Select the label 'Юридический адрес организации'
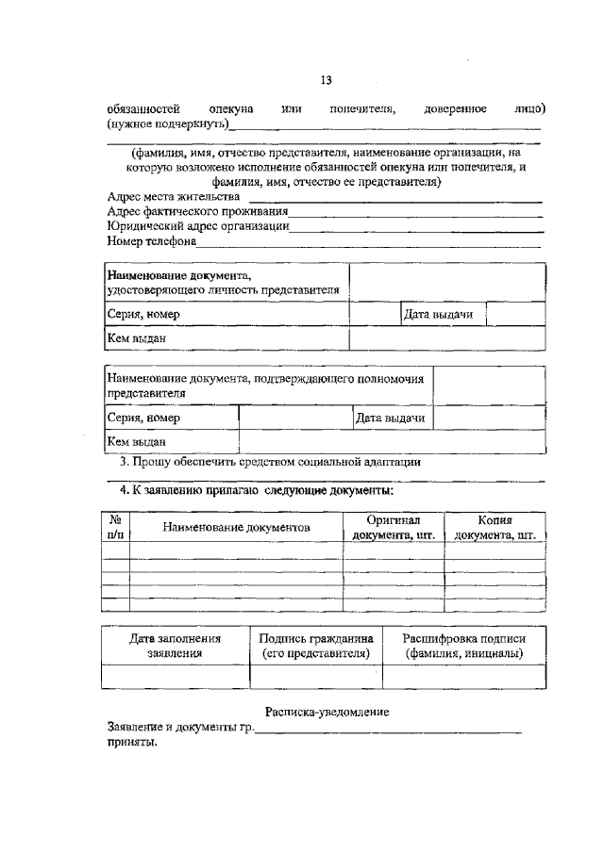coord(197,226)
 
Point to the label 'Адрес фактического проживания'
coord(197,212)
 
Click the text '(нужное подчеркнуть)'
coord(169,124)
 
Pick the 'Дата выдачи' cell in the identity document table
coord(438,314)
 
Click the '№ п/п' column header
coord(115,527)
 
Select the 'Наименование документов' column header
coord(236,528)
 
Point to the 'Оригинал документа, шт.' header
coord(394,527)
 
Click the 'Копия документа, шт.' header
coord(495,527)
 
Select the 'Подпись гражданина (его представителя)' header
coord(315,646)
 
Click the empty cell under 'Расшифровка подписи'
coord(463,677)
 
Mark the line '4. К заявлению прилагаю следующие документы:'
coord(256,491)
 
